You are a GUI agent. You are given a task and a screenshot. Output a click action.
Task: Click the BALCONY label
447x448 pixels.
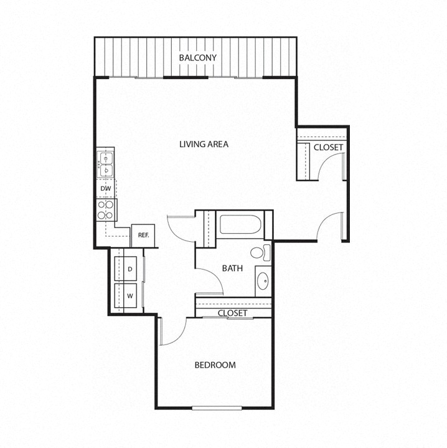(x=197, y=58)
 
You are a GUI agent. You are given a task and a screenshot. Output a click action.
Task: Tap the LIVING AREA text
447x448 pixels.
(x=204, y=144)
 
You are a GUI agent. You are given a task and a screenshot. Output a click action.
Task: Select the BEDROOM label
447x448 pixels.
(x=215, y=365)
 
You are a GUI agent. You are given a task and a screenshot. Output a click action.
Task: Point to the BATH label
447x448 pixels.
(x=232, y=269)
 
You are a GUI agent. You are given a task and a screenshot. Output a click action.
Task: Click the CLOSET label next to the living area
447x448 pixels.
(x=327, y=148)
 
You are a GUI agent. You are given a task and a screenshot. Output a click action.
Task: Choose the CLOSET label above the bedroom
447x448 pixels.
(x=232, y=313)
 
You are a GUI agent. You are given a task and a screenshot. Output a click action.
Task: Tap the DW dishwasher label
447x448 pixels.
(x=105, y=188)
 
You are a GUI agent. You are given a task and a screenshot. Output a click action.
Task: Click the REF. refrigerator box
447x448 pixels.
(x=143, y=235)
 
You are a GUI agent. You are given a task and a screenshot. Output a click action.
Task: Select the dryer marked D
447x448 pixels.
(x=130, y=269)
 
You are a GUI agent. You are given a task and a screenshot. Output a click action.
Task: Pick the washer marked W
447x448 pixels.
(x=130, y=295)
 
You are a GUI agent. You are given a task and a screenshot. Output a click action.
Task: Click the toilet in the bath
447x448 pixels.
(x=261, y=254)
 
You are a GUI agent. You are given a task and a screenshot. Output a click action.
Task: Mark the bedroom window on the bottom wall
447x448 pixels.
(x=217, y=408)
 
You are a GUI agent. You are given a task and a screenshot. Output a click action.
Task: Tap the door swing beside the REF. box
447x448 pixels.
(x=176, y=229)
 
